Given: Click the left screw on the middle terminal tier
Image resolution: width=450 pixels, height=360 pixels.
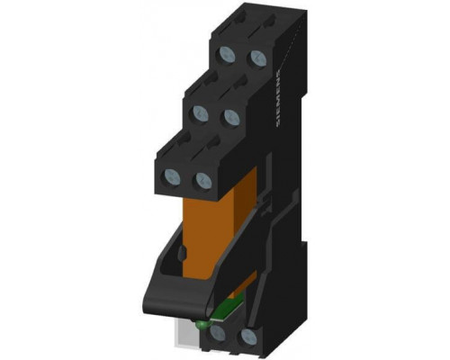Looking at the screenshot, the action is click(201, 113).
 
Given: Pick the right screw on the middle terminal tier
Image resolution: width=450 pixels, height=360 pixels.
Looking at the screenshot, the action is click(231, 117).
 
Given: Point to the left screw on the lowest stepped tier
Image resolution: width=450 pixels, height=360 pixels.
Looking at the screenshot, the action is click(173, 176).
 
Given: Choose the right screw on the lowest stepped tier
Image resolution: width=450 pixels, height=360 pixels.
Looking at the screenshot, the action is click(203, 180).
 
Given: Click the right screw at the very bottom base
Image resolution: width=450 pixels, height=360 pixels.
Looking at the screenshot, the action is click(248, 336).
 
